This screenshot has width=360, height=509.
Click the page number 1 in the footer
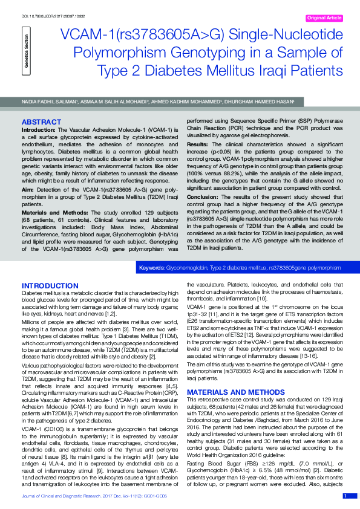[x=345, y=496]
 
